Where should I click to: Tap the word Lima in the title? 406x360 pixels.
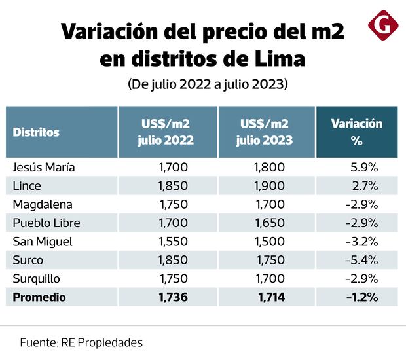pyautogui.click(x=278, y=59)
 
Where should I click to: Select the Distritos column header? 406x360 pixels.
pyautogui.click(x=36, y=132)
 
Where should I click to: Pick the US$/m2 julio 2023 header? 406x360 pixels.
pyautogui.click(x=266, y=132)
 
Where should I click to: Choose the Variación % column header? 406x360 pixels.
pyautogui.click(x=356, y=132)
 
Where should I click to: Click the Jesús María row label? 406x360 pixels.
pyautogui.click(x=44, y=167)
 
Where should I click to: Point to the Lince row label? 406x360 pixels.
pyautogui.click(x=28, y=185)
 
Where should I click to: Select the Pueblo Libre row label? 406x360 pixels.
pyautogui.click(x=46, y=223)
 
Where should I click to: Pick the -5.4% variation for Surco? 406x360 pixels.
pyautogui.click(x=361, y=260)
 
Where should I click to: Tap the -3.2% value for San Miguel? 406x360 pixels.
pyautogui.click(x=361, y=242)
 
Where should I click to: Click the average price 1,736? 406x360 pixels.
pyautogui.click(x=173, y=297)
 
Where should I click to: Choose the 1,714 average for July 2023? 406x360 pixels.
pyautogui.click(x=268, y=297)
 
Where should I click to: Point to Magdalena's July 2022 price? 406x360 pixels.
pyautogui.click(x=173, y=204)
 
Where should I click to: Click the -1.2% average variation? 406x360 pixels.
pyautogui.click(x=361, y=297)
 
